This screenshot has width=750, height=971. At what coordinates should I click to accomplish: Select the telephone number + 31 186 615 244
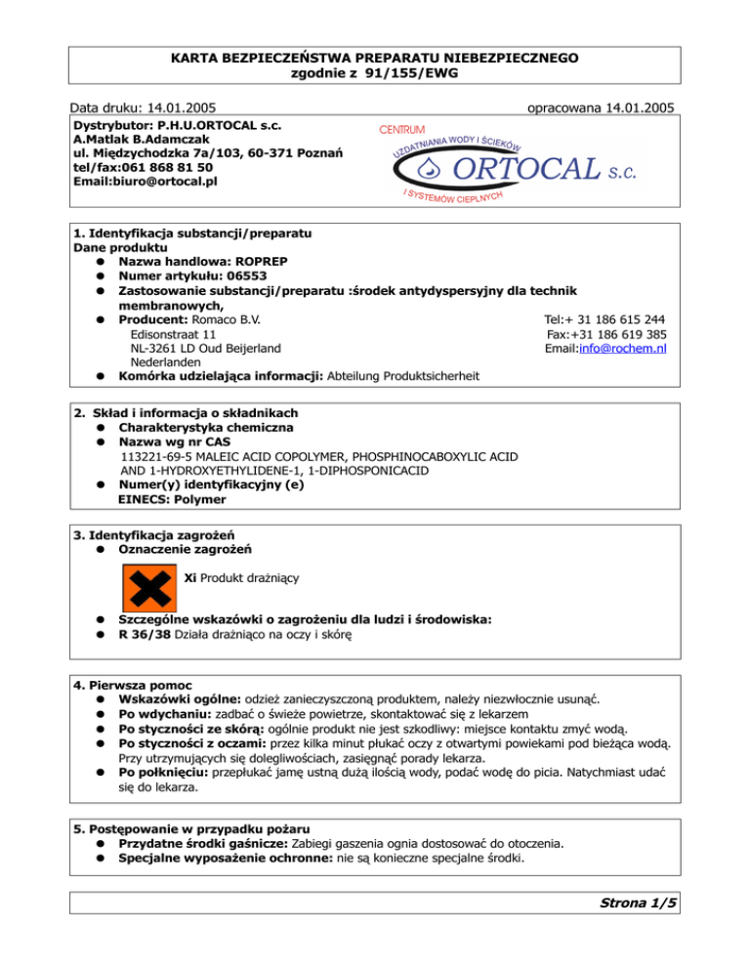click(612, 319)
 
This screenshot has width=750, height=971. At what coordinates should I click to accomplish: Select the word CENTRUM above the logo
click(405, 129)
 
